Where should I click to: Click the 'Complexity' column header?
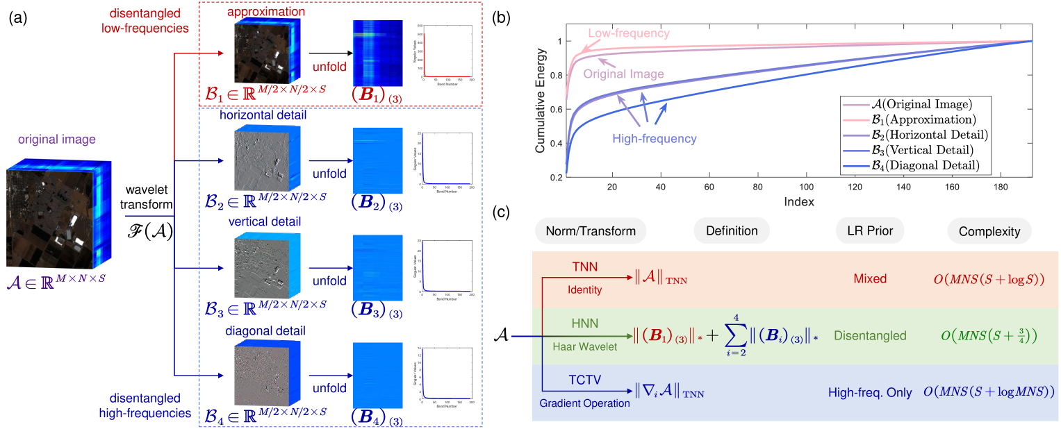click(x=980, y=230)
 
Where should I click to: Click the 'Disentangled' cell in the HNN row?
click(x=870, y=336)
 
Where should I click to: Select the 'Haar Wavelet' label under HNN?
click(x=587, y=346)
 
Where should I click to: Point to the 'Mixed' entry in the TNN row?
click(x=870, y=278)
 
